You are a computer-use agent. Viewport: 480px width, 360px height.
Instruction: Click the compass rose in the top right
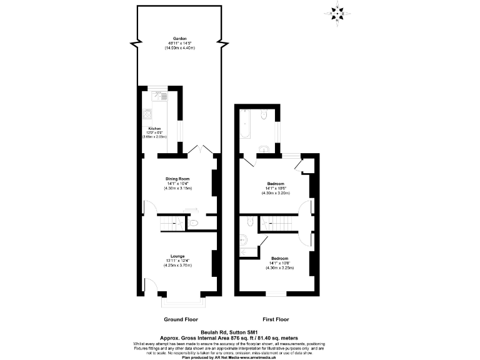(338, 12)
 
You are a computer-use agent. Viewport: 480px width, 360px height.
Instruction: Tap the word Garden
(180, 38)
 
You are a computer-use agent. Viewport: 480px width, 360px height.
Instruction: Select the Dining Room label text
(178, 178)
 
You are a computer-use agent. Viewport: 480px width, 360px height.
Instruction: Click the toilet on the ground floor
(194, 222)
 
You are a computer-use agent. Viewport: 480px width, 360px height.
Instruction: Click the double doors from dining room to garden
(201, 151)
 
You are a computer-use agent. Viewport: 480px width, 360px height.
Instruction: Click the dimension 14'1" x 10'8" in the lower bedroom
(279, 263)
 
